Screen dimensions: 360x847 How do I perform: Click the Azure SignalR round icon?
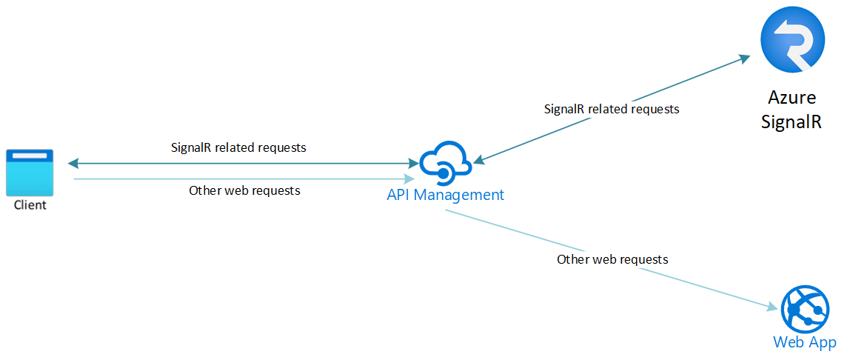792,44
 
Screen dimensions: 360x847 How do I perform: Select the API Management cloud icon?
445,165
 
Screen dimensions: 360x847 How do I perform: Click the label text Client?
30,205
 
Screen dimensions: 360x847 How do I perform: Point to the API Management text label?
445,195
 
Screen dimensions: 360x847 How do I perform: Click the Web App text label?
804,342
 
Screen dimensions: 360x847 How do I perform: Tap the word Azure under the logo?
791,98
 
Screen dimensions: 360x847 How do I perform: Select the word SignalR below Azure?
791,121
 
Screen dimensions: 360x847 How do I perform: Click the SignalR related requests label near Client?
238,147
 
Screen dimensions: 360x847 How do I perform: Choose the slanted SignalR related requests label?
612,109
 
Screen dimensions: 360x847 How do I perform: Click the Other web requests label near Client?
244,190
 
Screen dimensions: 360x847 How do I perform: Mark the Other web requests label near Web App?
612,259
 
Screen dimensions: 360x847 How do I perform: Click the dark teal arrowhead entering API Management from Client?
412,163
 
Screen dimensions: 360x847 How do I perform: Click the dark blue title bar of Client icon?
30,155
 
